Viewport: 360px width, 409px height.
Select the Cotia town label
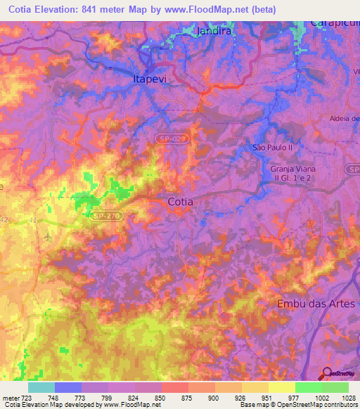click(181, 202)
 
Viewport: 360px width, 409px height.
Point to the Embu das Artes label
click(316, 304)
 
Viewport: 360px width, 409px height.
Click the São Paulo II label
click(272, 147)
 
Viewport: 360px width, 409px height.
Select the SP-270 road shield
click(108, 218)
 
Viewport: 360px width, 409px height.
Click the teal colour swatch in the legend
click(41, 387)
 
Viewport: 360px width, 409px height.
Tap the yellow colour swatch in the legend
click(281, 387)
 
